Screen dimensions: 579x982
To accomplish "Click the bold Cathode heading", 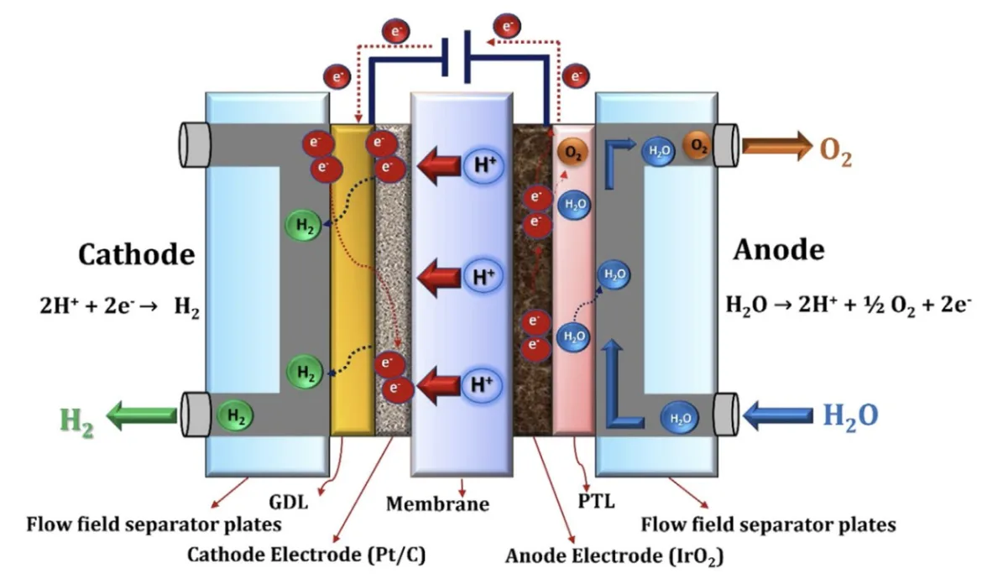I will pos(136,254).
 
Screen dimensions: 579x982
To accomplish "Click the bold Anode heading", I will pos(778,249).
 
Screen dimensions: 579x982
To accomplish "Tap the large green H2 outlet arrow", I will pos(140,415).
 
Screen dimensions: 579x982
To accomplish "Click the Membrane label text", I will pos(436,503).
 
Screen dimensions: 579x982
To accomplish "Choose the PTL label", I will pos(597,502).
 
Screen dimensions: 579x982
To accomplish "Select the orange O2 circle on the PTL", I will pos(572,154).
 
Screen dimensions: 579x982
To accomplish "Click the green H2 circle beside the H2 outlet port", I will pos(237,414).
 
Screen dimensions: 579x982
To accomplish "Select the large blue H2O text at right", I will pos(850,415).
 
